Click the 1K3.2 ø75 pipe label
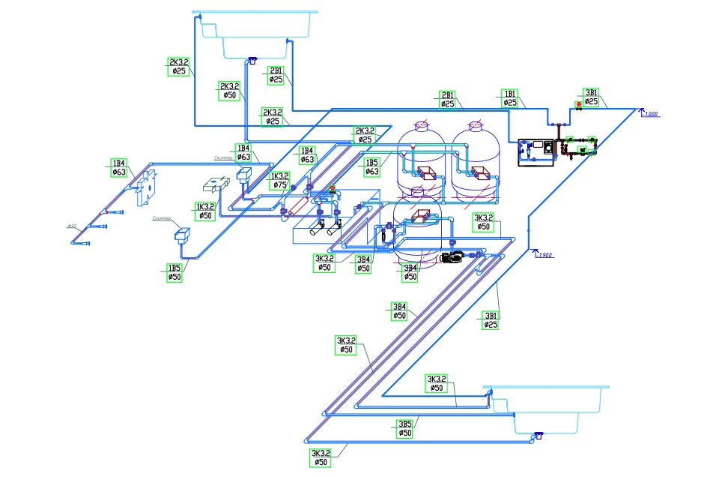tap(280, 180)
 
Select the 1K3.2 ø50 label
tap(205, 211)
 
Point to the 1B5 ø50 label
tap(175, 272)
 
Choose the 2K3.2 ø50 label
tap(230, 91)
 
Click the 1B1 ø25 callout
tap(510, 97)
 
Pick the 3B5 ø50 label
tap(404, 428)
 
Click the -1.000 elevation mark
tap(650, 114)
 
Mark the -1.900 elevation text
tap(546, 256)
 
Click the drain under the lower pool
tap(538, 435)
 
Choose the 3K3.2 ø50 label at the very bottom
tap(321, 457)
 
